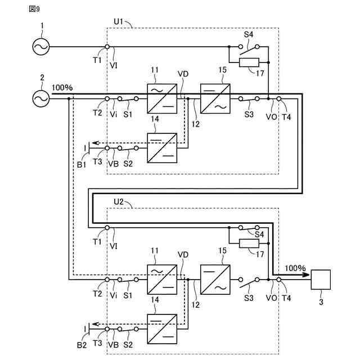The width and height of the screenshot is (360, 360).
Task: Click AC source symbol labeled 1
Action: [41, 47]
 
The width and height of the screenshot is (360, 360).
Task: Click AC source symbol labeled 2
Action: [41, 99]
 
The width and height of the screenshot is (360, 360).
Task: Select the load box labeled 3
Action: [321, 280]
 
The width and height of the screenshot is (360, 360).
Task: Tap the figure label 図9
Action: [34, 9]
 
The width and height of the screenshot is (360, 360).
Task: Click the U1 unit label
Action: [119, 21]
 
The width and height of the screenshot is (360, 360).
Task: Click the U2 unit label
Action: [119, 202]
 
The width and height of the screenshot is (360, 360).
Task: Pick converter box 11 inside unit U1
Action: [162, 99]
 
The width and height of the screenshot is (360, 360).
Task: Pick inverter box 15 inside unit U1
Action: [215, 99]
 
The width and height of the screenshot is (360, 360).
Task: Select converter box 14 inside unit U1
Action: [162, 148]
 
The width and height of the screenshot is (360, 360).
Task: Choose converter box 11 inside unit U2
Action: [162, 280]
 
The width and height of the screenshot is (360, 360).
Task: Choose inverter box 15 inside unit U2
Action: [215, 280]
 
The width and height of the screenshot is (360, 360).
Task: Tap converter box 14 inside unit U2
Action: [162, 329]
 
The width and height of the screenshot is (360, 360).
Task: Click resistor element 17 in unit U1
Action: [249, 62]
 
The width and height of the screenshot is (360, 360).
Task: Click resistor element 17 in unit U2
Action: [249, 244]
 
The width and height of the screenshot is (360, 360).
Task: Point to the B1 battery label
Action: [82, 165]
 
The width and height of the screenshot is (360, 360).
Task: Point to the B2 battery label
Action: [82, 345]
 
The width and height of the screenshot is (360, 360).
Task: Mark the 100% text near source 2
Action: [62, 88]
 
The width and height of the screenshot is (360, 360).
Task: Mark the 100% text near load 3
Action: [295, 268]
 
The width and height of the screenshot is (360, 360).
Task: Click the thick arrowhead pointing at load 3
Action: [306, 274]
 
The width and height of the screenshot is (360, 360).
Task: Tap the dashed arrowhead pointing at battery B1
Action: [96, 143]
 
